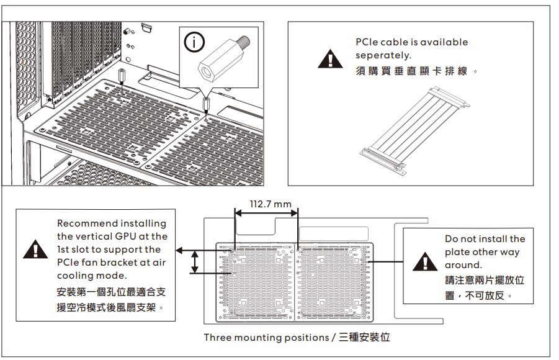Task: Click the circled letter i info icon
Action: click(195, 42)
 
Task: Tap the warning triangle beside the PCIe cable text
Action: click(331, 58)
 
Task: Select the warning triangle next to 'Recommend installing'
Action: click(35, 250)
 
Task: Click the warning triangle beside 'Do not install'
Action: click(424, 261)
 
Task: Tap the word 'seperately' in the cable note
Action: click(382, 56)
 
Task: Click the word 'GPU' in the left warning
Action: click(127, 236)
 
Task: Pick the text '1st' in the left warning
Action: click(63, 250)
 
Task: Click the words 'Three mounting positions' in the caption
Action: click(266, 338)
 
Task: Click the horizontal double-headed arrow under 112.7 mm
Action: click(267, 213)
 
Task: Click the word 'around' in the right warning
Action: click(462, 265)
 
